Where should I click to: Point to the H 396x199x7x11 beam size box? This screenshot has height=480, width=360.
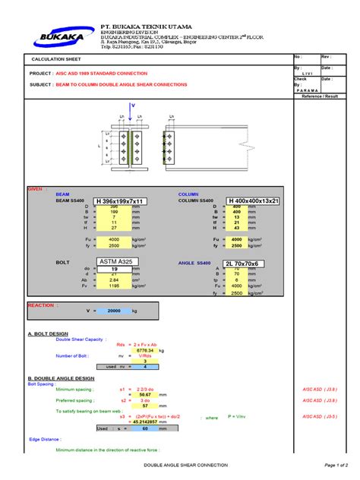pos(120,201)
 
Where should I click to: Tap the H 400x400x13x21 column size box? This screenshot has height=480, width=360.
pos(254,201)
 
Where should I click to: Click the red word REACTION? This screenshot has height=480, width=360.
pos(41,305)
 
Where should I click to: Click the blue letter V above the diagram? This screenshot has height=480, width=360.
pos(132,105)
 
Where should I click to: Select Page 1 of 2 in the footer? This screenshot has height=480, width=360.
pos(335,464)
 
